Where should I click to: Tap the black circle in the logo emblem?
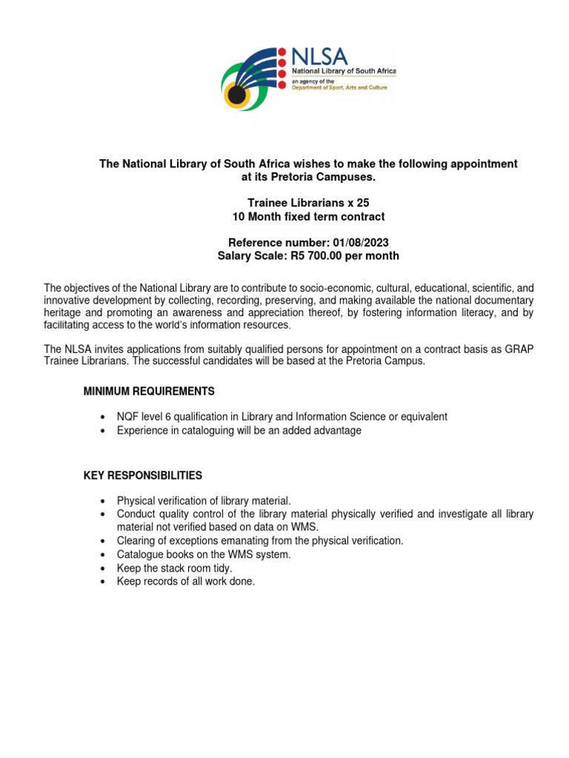236,95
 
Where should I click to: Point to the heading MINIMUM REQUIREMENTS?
149,391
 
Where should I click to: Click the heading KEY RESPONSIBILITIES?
143,475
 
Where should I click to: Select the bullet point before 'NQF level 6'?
102,417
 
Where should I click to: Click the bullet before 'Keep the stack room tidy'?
102,568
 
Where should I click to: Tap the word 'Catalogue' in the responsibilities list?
141,554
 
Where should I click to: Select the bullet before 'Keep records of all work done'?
102,582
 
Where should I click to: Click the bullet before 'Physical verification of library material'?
102,501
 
